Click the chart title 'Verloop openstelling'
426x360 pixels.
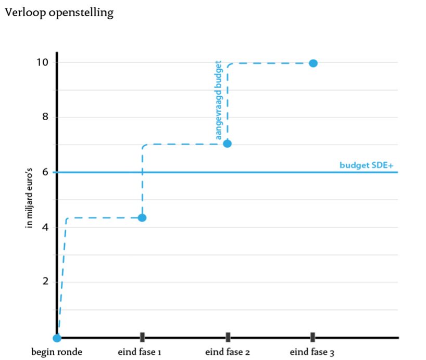(59, 13)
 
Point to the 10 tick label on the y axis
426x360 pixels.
(42, 62)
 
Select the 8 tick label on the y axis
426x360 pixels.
(45, 117)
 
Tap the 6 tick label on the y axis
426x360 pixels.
(45, 172)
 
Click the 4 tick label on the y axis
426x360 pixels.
(45, 227)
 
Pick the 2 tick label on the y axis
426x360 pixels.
(45, 281)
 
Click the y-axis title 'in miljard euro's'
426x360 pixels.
(29, 198)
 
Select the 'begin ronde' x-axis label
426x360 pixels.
(57, 352)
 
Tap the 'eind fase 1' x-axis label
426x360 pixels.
(140, 352)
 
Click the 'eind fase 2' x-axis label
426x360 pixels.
(228, 352)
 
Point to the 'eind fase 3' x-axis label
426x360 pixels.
(312, 352)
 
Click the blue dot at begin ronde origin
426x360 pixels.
(57, 338)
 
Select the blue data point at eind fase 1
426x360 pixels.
(142, 218)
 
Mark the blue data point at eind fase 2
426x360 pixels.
(228, 144)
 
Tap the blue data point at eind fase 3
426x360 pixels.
(314, 63)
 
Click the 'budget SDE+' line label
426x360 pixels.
(367, 165)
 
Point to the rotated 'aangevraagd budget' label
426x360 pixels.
(218, 100)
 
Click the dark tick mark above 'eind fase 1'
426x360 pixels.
(142, 337)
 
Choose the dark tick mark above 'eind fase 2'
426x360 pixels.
(228, 337)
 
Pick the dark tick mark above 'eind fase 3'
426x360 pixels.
(312, 337)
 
